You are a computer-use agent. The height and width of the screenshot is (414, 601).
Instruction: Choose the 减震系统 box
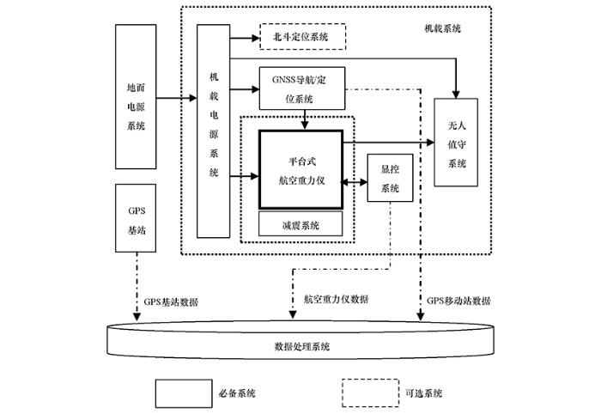point(300,225)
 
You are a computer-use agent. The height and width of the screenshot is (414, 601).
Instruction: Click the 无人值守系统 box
point(456,143)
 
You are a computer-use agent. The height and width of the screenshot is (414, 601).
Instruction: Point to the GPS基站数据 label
point(171,301)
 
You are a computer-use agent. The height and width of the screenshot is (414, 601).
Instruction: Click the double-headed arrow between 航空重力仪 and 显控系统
point(355,183)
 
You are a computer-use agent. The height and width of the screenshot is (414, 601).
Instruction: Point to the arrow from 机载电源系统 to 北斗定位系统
point(245,38)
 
